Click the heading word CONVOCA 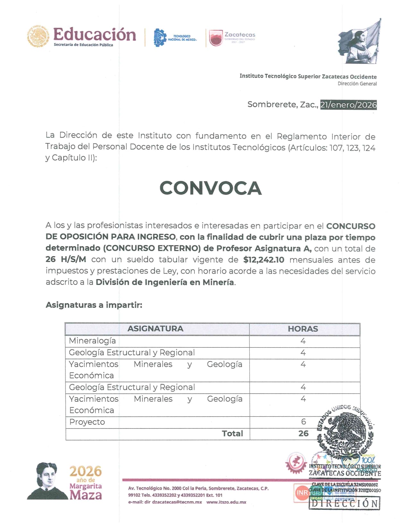click(210, 188)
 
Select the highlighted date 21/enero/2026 click(348, 105)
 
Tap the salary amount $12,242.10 click(264, 260)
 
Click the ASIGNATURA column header click(155, 329)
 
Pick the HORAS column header click(303, 329)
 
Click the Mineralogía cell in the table click(92, 340)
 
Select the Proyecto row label click(87, 422)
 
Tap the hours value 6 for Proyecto click(303, 421)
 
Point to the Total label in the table click(232, 433)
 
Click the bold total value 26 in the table click(303, 433)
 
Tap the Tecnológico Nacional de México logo click(175, 38)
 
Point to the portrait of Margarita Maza click(47, 481)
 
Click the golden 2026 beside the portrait click(85, 471)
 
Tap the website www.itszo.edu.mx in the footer click(226, 502)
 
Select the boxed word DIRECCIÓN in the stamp click(344, 503)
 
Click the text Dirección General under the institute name click(357, 84)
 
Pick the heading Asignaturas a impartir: click(94, 305)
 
